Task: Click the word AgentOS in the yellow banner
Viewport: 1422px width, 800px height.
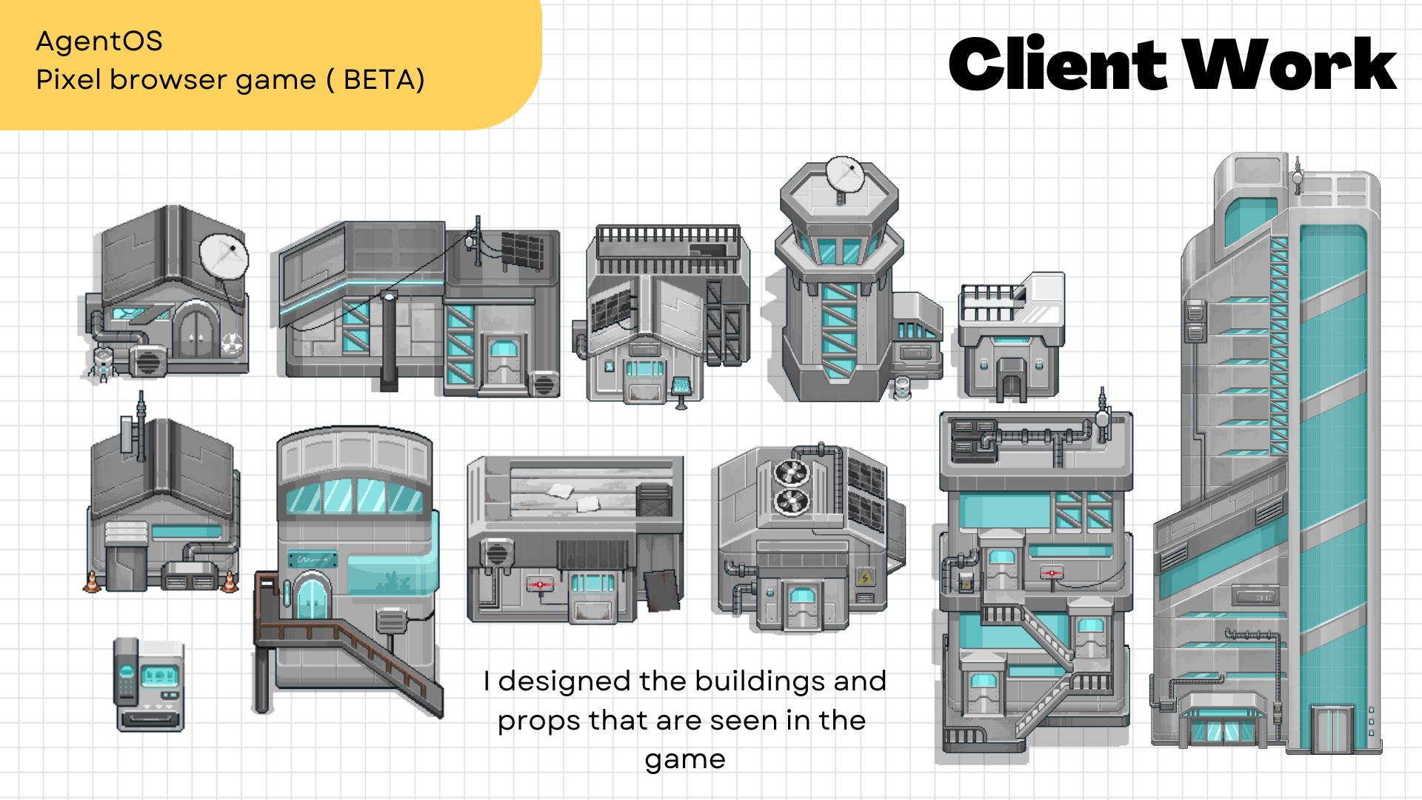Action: (x=99, y=41)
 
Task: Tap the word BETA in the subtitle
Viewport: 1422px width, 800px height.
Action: (x=384, y=79)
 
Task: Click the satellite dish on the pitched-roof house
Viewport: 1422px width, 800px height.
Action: (x=225, y=256)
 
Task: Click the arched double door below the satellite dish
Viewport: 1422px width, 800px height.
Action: (x=196, y=330)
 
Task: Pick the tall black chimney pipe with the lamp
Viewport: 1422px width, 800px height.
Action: (x=389, y=341)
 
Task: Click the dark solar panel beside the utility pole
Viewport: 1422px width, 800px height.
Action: (x=523, y=250)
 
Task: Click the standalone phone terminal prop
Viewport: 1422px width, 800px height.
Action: (x=149, y=684)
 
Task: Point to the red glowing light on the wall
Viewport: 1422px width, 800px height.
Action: (x=540, y=584)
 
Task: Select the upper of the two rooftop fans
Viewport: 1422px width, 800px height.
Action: (x=792, y=473)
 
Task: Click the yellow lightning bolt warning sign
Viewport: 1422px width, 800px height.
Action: (x=865, y=576)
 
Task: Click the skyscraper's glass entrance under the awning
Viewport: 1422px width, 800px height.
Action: (x=1222, y=730)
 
